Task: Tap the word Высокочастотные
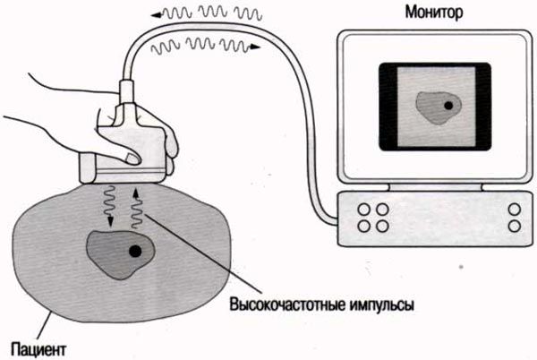tap(287, 304)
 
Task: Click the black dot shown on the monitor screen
tap(447, 106)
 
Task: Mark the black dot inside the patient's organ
tap(135, 252)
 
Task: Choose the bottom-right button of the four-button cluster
tap(383, 225)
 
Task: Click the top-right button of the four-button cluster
tap(383, 209)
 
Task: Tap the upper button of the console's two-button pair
tap(514, 209)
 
